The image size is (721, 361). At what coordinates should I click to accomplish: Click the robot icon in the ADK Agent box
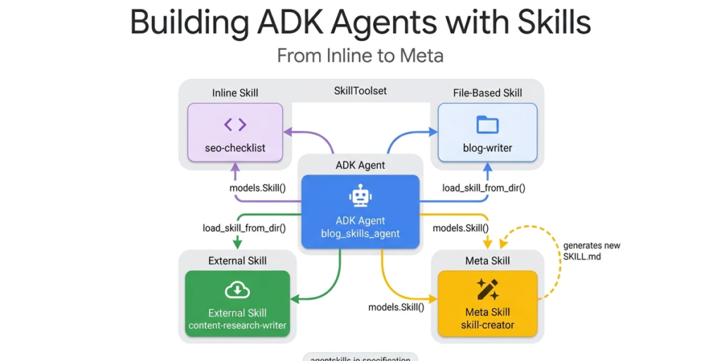pyautogui.click(x=360, y=196)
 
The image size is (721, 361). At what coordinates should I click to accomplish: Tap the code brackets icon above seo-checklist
pyautogui.click(x=235, y=125)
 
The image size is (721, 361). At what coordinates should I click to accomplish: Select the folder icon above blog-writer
pyautogui.click(x=487, y=125)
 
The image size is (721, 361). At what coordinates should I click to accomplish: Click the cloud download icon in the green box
pyautogui.click(x=237, y=289)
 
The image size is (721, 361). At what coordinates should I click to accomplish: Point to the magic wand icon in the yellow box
pyautogui.click(x=487, y=289)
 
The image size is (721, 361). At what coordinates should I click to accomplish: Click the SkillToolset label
pyautogui.click(x=360, y=91)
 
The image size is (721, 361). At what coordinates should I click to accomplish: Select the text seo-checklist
pyautogui.click(x=235, y=148)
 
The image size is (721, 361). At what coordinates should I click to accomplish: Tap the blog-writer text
pyautogui.click(x=487, y=148)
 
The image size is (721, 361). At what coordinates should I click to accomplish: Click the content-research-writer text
pyautogui.click(x=237, y=326)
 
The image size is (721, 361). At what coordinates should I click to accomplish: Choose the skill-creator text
pyautogui.click(x=487, y=325)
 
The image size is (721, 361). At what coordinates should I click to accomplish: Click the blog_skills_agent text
pyautogui.click(x=360, y=233)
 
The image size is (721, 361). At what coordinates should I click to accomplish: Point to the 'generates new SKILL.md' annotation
pyautogui.click(x=591, y=251)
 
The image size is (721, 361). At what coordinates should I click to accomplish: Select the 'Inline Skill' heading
pyautogui.click(x=235, y=93)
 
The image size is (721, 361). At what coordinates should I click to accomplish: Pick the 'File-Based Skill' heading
pyautogui.click(x=487, y=93)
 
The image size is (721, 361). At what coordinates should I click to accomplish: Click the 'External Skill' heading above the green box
pyautogui.click(x=237, y=261)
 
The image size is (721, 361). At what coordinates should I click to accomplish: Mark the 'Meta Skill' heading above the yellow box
pyautogui.click(x=487, y=261)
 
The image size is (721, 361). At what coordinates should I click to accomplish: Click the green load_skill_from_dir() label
pyautogui.click(x=244, y=228)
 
